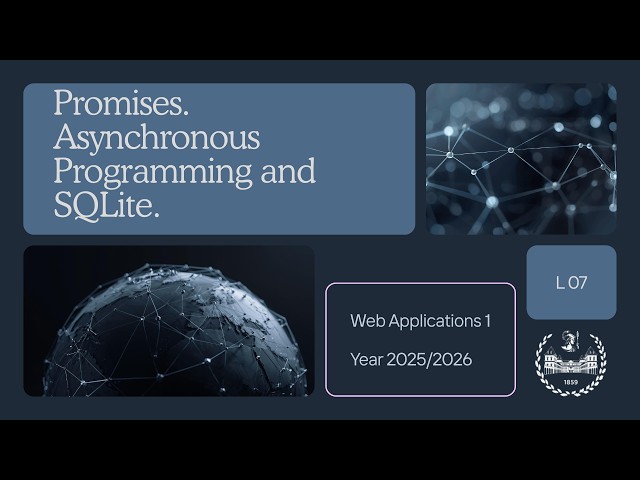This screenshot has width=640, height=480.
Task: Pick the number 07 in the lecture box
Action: click(577, 283)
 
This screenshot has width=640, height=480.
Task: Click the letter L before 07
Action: click(560, 283)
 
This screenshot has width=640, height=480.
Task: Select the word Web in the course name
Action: click(365, 321)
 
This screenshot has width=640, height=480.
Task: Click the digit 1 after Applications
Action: click(488, 321)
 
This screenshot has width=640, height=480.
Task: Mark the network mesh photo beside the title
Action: click(521, 159)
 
